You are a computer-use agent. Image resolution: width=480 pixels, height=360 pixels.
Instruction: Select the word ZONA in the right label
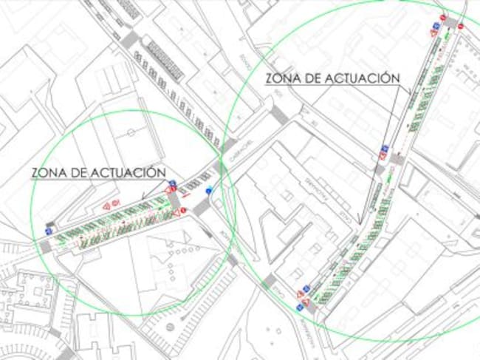(283, 78)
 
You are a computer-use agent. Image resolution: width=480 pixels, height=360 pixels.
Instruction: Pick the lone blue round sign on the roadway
(209, 190)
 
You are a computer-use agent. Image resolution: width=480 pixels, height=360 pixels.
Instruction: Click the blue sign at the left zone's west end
(49, 231)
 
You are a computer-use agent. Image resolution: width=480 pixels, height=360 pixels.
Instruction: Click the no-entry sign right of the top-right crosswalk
(460, 27)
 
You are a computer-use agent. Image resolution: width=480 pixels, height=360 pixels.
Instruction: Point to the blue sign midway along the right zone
(384, 154)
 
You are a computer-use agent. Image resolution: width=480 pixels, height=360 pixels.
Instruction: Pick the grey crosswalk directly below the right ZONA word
(278, 115)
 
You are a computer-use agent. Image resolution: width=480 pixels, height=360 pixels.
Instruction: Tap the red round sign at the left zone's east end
(185, 211)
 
